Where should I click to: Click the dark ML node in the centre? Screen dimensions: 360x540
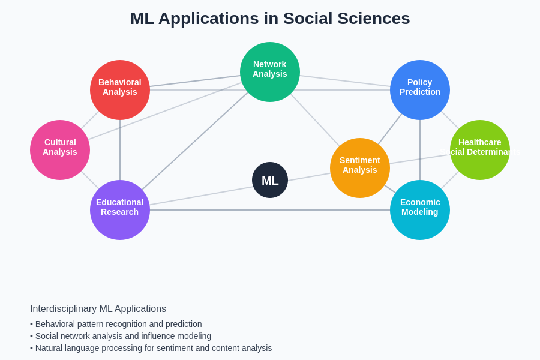point(270,180)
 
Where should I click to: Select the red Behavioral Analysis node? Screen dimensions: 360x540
point(120,90)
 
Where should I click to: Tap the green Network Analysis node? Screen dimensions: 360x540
point(270,72)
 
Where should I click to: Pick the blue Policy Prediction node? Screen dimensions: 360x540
point(420,90)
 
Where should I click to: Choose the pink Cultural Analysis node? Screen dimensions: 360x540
point(60,150)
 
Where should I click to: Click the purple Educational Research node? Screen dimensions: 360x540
point(120,210)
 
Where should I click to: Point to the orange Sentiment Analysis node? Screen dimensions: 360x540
point(360,168)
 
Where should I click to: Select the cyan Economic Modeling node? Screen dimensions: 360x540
point(420,210)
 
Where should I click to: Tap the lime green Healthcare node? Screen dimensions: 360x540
point(480,150)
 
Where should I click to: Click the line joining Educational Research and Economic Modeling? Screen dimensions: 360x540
point(270,210)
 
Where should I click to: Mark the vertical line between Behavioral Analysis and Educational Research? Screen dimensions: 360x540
point(120,150)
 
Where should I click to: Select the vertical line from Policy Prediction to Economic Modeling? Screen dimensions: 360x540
point(420,150)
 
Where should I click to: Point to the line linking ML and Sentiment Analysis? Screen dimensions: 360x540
point(309,177)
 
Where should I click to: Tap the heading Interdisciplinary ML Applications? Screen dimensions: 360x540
point(98,309)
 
